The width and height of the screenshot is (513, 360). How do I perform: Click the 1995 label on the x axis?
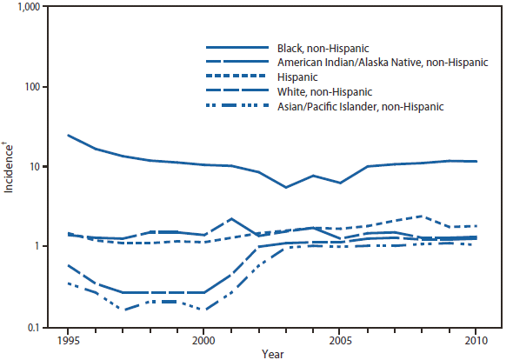point(68,340)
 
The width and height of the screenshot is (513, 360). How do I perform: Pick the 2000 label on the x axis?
point(204,340)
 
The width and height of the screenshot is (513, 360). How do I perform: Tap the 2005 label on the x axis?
point(341,340)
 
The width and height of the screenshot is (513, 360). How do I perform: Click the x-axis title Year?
point(272,353)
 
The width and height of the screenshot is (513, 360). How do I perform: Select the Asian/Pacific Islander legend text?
point(360,106)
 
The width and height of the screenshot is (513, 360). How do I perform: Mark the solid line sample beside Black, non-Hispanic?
point(236,47)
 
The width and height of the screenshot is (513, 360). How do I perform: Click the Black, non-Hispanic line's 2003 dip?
point(286,187)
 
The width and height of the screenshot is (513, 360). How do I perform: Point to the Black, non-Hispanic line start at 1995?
point(68,135)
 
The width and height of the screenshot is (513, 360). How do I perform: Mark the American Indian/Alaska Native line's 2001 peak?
point(231,219)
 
